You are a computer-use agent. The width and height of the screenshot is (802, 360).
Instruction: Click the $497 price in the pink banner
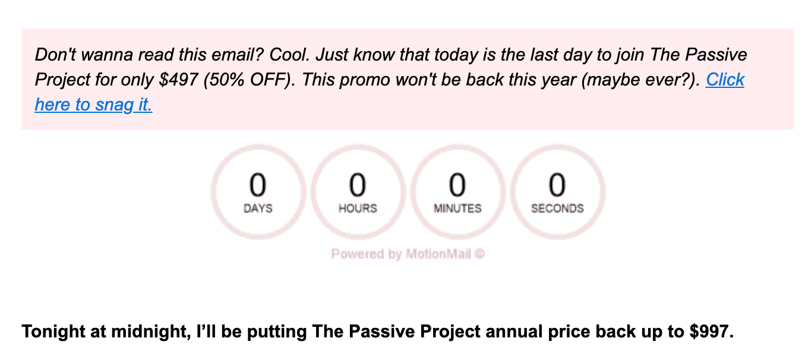pyautogui.click(x=178, y=80)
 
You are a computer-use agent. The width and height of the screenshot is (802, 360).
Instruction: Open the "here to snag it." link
pyautogui.click(x=93, y=105)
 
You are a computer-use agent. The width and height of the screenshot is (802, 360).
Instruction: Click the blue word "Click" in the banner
pyautogui.click(x=725, y=80)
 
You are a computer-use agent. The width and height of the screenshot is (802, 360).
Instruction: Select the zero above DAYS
pyautogui.click(x=258, y=185)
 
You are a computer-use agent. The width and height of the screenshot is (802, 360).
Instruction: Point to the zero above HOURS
pyautogui.click(x=358, y=185)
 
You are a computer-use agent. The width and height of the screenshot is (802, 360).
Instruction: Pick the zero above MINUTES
pyautogui.click(x=457, y=185)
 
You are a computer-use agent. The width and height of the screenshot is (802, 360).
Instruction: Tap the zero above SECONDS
pyautogui.click(x=557, y=185)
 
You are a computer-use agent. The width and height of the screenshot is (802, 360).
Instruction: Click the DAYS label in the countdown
pyautogui.click(x=258, y=209)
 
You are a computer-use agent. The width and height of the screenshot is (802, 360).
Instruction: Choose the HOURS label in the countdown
pyautogui.click(x=358, y=209)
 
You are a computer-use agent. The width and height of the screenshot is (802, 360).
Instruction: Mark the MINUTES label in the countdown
pyautogui.click(x=457, y=209)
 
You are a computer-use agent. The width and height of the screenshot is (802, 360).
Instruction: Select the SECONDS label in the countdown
pyautogui.click(x=557, y=209)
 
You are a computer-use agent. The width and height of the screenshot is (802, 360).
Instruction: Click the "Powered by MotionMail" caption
pyautogui.click(x=401, y=254)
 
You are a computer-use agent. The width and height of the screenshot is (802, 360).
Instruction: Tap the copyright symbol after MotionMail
pyautogui.click(x=480, y=254)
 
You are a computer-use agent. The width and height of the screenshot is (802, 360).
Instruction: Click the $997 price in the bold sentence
pyautogui.click(x=712, y=331)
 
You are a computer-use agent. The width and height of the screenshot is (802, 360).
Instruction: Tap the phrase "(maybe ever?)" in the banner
pyautogui.click(x=640, y=80)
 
